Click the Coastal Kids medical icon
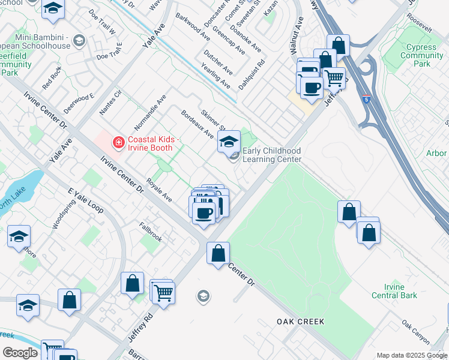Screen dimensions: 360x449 118,142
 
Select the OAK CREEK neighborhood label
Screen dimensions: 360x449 301,322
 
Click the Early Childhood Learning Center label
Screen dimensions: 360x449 272,155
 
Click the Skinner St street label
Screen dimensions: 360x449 213,121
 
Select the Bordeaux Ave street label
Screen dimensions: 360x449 197,122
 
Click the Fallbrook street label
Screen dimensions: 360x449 151,233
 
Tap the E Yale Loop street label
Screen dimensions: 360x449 86,201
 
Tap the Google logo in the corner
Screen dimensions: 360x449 20,353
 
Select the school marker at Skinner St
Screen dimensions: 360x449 228,142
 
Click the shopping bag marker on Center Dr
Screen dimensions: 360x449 218,253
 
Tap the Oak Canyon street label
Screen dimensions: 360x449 416,332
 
